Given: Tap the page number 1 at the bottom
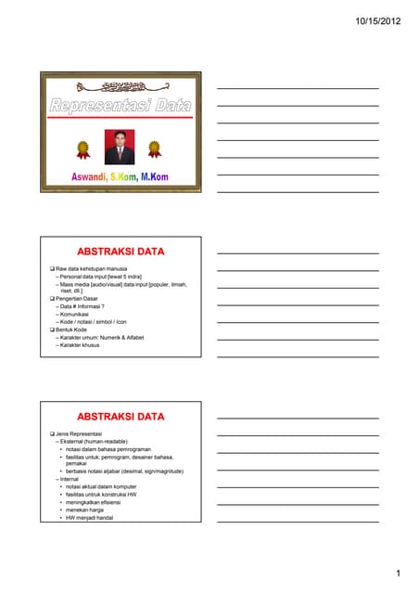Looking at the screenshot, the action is click(397, 575).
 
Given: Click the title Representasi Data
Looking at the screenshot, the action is click(120, 107).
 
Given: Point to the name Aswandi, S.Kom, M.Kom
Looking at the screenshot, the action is click(120, 176).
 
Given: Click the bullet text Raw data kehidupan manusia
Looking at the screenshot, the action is click(91, 268).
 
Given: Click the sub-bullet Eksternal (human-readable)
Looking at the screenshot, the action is click(95, 441).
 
